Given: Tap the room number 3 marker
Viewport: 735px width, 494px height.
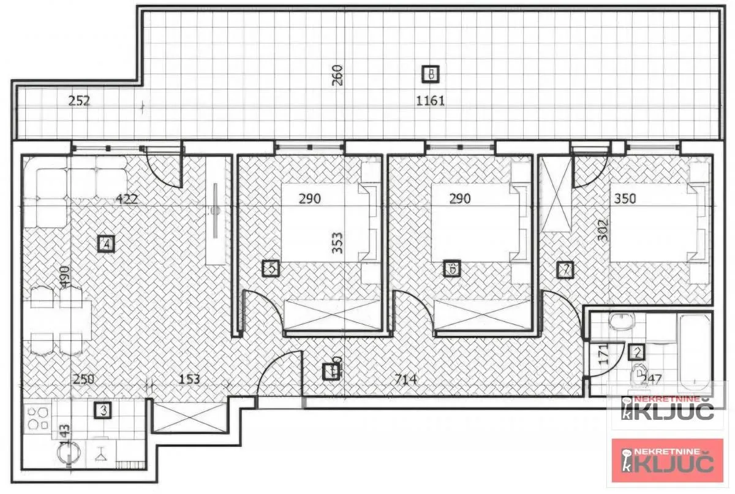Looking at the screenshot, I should coord(104,410).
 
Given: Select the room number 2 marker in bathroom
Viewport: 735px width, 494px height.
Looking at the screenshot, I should coord(637,352).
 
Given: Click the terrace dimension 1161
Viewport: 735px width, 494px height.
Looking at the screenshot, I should coord(430,101).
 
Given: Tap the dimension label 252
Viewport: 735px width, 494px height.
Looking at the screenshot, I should coord(79,102).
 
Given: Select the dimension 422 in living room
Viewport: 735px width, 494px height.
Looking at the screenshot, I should coord(127,199).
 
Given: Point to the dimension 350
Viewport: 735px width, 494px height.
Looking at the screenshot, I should coord(624,199).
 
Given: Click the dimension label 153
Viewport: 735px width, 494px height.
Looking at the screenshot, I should coord(189,379).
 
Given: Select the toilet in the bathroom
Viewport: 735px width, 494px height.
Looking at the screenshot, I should coord(639,374).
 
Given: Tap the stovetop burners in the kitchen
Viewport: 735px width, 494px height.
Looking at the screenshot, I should coord(39,419).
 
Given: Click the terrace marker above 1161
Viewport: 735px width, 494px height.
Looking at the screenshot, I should coord(431,74).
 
